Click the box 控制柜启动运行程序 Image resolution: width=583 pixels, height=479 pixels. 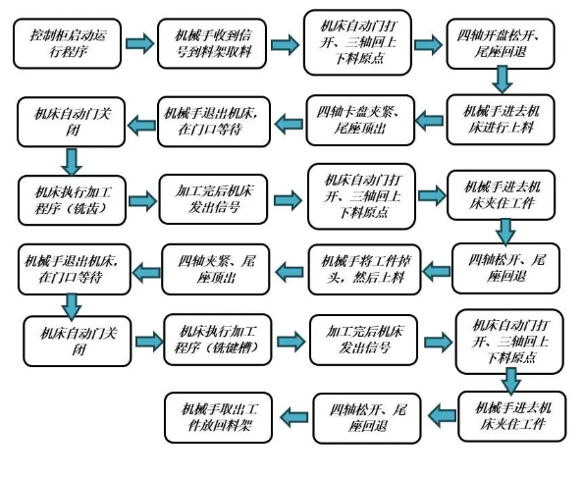point(68,44)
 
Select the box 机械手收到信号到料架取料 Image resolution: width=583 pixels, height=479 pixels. point(212,44)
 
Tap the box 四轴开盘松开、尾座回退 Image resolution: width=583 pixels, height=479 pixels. point(501,44)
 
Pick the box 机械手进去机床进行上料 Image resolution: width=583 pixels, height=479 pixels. point(501,120)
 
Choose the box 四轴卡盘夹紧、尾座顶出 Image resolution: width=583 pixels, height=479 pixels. point(360,120)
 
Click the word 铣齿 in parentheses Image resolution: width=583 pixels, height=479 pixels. point(85,209)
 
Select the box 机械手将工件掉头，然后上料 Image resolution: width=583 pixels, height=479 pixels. point(364,269)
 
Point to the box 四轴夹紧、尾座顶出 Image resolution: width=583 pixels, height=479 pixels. point(216,269)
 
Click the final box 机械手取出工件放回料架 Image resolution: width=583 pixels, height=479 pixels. point(219,417)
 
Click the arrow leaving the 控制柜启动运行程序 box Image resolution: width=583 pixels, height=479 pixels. point(139,43)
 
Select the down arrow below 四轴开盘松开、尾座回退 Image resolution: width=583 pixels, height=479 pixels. point(502,80)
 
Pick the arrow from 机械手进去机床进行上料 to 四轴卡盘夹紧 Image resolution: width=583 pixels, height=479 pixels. point(430,121)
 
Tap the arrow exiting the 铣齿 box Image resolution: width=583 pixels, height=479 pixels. point(142,201)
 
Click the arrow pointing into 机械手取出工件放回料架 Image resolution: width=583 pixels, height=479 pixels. point(293,417)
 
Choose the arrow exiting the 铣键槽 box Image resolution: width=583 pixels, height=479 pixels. point(291,342)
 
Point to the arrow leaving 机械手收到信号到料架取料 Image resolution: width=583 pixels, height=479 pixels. point(285,44)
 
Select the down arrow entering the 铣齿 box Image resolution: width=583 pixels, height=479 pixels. point(72,162)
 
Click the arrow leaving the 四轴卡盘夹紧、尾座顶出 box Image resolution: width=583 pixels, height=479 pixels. point(289,124)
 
